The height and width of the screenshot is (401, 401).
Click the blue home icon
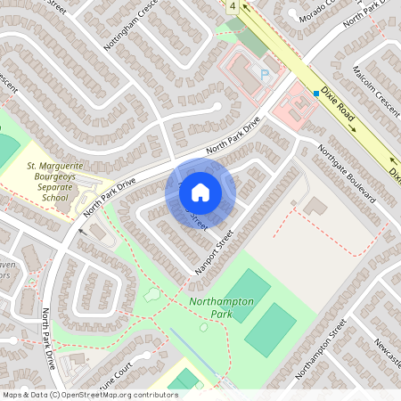pos(200,192)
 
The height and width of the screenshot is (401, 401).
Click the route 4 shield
pos(233,6)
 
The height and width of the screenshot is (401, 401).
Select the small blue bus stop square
pos(315,92)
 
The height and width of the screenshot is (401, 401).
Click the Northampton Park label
pos(222,307)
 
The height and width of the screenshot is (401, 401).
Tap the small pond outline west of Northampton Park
pos(152,293)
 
